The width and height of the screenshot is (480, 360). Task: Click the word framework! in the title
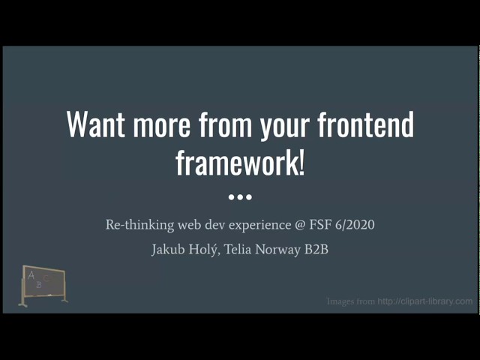[240, 162]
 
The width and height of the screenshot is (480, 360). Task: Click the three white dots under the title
[240, 197]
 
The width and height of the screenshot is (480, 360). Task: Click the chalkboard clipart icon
[43, 285]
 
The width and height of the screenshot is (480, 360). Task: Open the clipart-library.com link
[425, 301]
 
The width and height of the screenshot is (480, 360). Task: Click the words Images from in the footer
[351, 301]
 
